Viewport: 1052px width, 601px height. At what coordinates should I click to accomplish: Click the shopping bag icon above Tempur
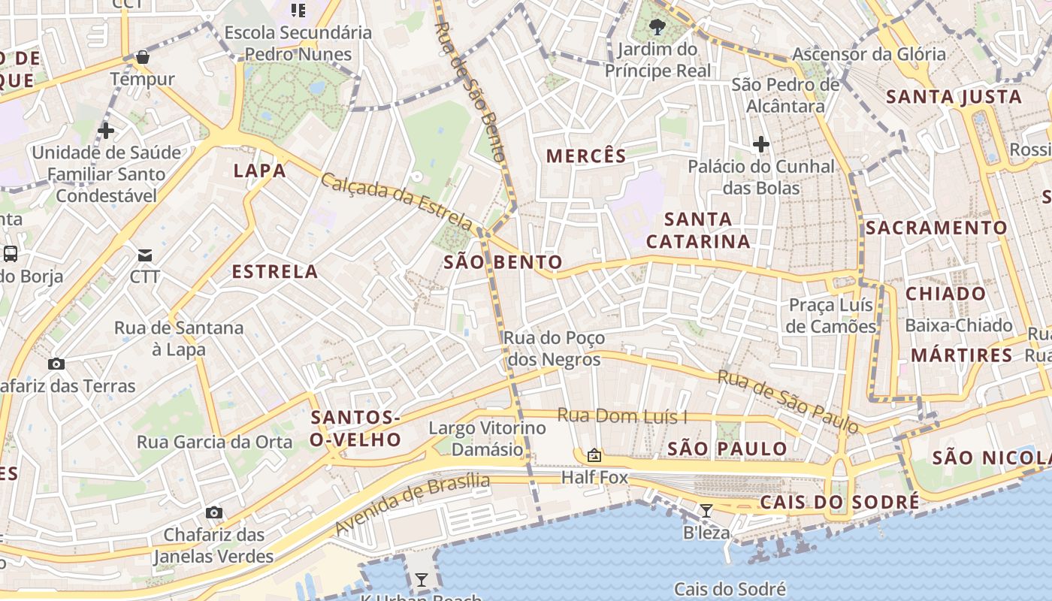pos(143,57)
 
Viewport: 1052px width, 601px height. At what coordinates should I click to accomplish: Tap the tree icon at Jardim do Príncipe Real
pos(657,28)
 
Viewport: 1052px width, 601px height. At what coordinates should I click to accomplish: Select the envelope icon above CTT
pos(144,255)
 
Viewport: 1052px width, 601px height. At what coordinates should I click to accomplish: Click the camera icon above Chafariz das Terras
pos(56,364)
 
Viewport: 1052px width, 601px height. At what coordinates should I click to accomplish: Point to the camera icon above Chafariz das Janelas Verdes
pos(214,513)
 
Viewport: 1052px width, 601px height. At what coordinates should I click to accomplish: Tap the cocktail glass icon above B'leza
pos(706,511)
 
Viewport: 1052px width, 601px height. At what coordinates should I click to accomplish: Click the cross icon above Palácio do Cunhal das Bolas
pos(761,144)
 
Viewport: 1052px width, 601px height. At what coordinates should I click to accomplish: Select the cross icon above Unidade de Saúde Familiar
pos(106,131)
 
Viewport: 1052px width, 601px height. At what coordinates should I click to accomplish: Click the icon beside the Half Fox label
pos(594,455)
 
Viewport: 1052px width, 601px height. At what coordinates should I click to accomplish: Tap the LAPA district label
pos(260,171)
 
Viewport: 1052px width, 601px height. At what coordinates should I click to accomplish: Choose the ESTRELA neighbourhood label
pos(275,272)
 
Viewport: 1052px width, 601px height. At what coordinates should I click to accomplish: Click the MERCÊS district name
pos(586,156)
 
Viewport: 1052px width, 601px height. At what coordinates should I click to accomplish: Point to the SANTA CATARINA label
pos(698,230)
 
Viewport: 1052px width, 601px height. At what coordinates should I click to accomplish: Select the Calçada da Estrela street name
pos(397,201)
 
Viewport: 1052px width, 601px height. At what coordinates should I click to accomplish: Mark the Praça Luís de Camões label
pos(832,316)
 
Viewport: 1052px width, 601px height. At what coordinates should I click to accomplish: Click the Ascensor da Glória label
pos(869,54)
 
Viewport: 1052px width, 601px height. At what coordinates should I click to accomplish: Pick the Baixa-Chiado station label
pos(959,325)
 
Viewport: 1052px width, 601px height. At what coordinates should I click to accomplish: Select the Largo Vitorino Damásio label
pos(487,439)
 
